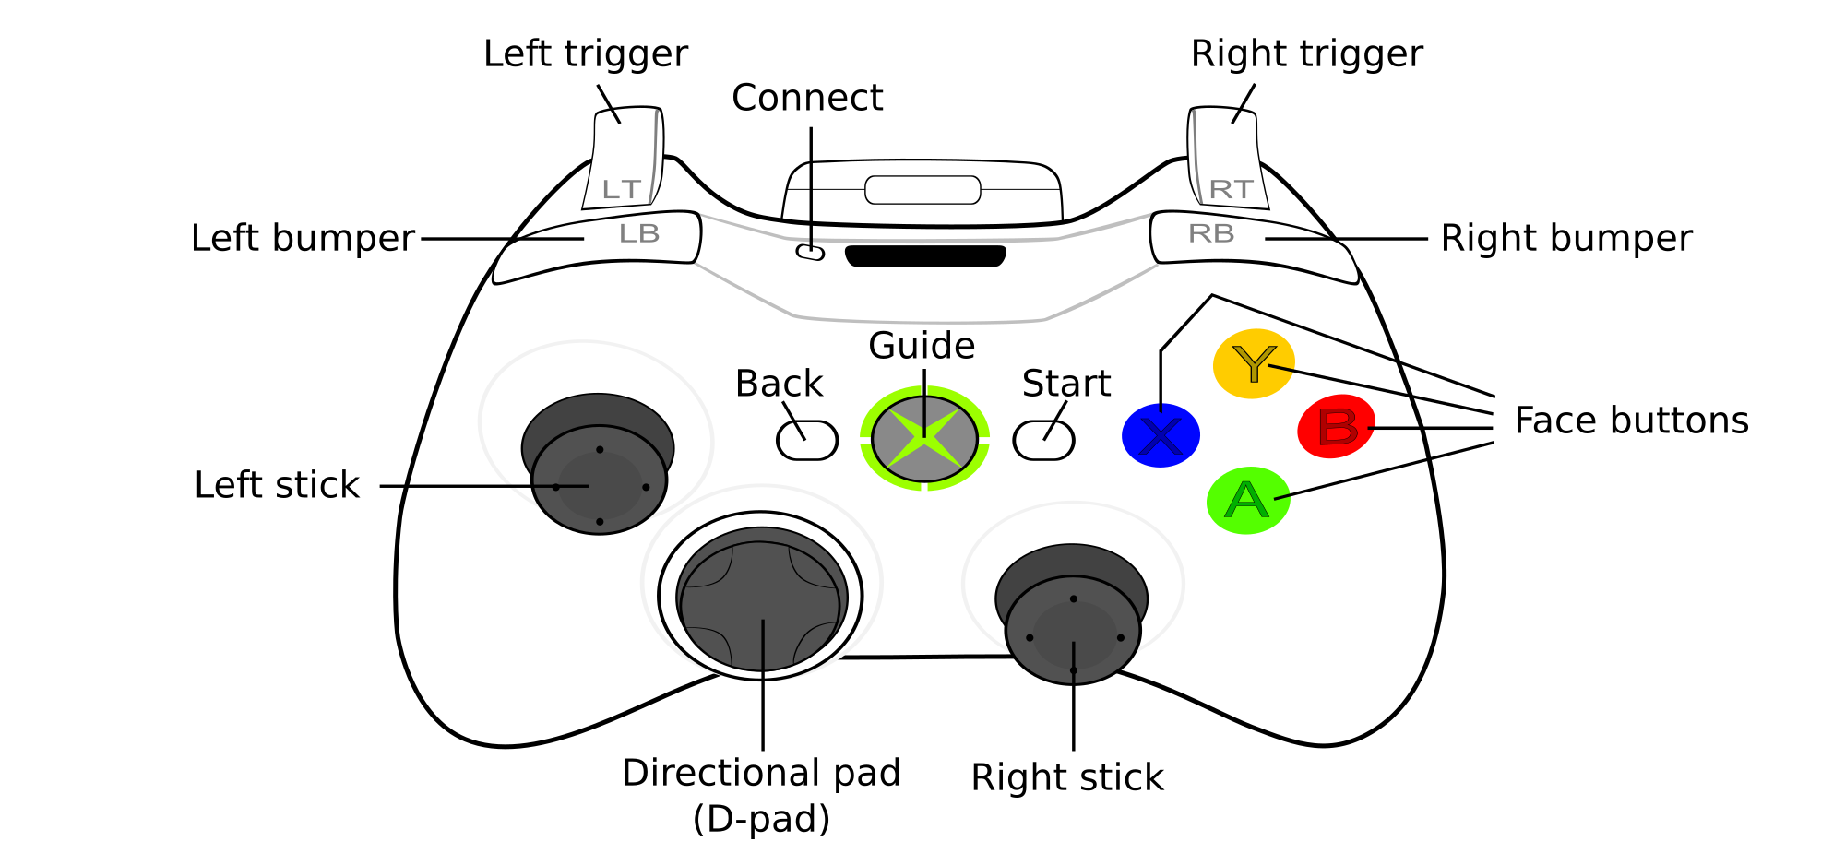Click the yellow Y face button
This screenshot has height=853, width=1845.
pyautogui.click(x=1253, y=363)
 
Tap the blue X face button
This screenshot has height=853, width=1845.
pyautogui.click(x=1161, y=435)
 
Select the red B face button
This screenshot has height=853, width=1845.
pyautogui.click(x=1336, y=427)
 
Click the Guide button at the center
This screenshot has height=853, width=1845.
pyautogui.click(x=924, y=439)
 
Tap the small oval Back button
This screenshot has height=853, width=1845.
pyautogui.click(x=807, y=440)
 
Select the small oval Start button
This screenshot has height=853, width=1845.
pyautogui.click(x=1043, y=440)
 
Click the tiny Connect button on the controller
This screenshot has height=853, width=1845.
pyautogui.click(x=810, y=252)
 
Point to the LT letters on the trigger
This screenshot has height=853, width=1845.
pyautogui.click(x=621, y=189)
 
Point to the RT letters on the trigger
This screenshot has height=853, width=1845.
pyautogui.click(x=1231, y=189)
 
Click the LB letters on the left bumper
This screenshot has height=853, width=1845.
pyautogui.click(x=639, y=233)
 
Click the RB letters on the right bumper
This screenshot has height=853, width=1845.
pyautogui.click(x=1211, y=233)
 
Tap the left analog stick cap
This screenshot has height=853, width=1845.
pyautogui.click(x=600, y=484)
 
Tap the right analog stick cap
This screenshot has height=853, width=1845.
pyautogui.click(x=1073, y=634)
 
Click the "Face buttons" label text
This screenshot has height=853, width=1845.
pyautogui.click(x=1631, y=421)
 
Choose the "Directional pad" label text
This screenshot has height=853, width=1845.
pyautogui.click(x=761, y=773)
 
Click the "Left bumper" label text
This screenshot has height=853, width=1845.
pyautogui.click(x=303, y=238)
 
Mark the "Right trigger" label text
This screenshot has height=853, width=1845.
pyautogui.click(x=1306, y=53)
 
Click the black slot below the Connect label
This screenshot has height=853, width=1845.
pyautogui.click(x=925, y=255)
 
